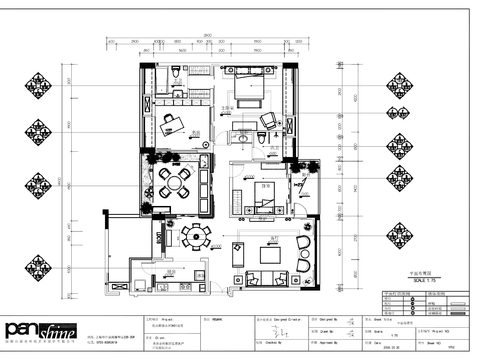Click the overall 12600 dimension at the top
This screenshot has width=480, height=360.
[204, 37]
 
